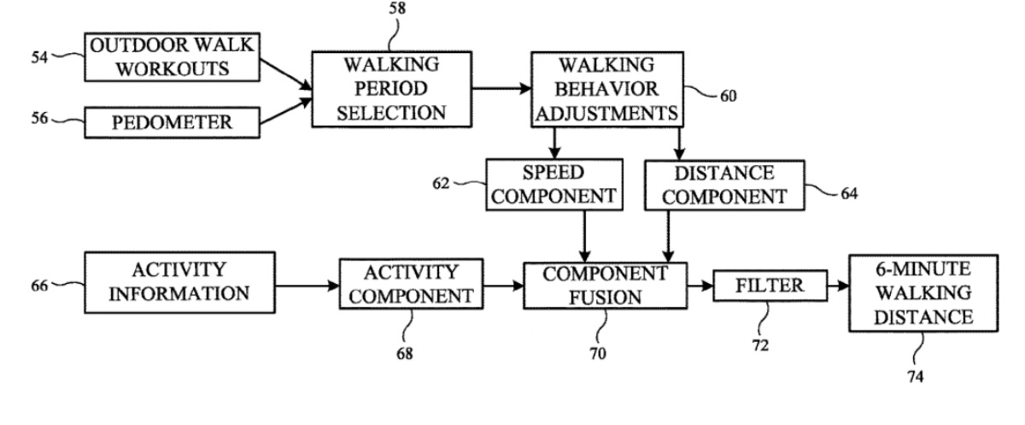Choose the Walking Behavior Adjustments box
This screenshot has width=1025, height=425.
[x=607, y=89]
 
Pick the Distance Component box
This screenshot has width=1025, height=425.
[x=725, y=184]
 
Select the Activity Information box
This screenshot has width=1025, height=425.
[x=179, y=282]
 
